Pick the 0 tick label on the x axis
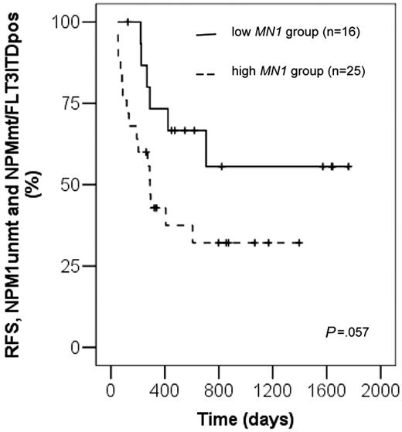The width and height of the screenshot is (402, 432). pos(111,389)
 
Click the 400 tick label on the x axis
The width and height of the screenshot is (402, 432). pos(165,389)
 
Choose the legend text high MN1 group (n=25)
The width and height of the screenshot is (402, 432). pos(286,72)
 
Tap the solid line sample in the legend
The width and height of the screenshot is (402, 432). pos(206,35)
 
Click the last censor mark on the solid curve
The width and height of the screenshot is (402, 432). pos(349,166)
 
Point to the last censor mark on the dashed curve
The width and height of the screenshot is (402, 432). pos(299,243)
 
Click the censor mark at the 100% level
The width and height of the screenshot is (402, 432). pos(128,22)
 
